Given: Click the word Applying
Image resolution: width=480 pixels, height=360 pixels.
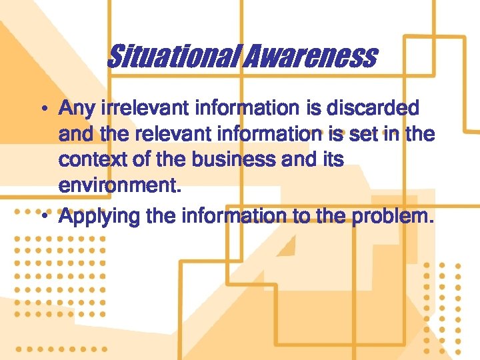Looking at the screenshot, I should [97, 216].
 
